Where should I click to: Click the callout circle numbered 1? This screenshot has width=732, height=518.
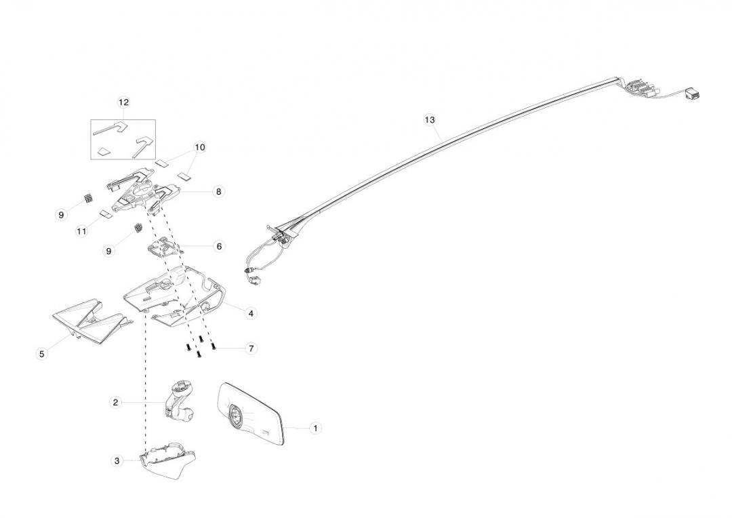(x=314, y=429)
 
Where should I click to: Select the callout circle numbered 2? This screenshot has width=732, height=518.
(x=116, y=402)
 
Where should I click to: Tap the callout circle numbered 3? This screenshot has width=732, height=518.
(x=117, y=461)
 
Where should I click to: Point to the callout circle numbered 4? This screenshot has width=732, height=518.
(x=251, y=313)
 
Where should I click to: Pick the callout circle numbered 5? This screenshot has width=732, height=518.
(x=42, y=353)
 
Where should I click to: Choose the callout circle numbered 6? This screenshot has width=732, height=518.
(x=219, y=247)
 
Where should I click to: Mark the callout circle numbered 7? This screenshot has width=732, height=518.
(x=251, y=348)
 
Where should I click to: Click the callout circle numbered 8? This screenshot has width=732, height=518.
(x=219, y=192)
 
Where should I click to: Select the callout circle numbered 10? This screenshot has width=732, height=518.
(x=199, y=147)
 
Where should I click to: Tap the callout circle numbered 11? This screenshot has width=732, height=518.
(x=82, y=231)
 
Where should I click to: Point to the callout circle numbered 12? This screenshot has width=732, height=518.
(x=123, y=102)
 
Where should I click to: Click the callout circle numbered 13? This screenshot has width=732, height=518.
(x=429, y=120)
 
